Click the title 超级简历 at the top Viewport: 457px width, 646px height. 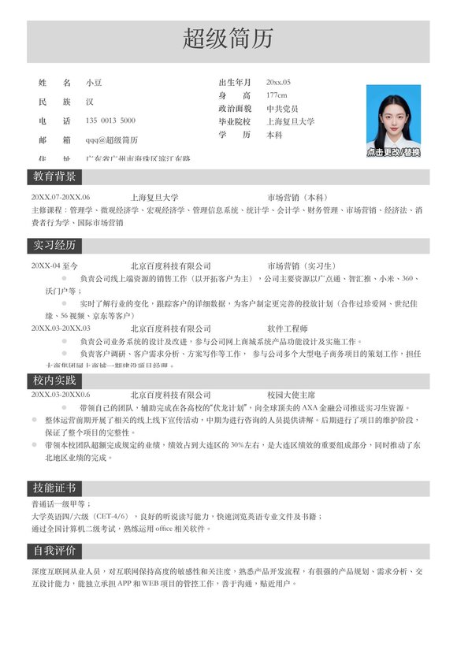tap(228, 38)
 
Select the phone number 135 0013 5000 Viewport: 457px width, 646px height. tap(110, 121)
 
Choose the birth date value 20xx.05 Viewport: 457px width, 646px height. tap(278, 82)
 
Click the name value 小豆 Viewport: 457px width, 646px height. tap(94, 82)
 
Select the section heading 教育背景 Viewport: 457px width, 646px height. tap(54, 176)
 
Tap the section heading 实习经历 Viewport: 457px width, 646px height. tap(54, 245)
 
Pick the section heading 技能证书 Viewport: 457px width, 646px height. tap(54, 488)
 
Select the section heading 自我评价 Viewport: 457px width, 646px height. tap(54, 550)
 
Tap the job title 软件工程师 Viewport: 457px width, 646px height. tap(288, 328)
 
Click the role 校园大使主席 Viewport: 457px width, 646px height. tap(292, 394)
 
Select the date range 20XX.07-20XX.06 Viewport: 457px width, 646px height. tap(61, 197)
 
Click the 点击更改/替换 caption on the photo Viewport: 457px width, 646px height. tap(393, 152)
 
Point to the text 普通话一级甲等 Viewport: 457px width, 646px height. tap(60, 503)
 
